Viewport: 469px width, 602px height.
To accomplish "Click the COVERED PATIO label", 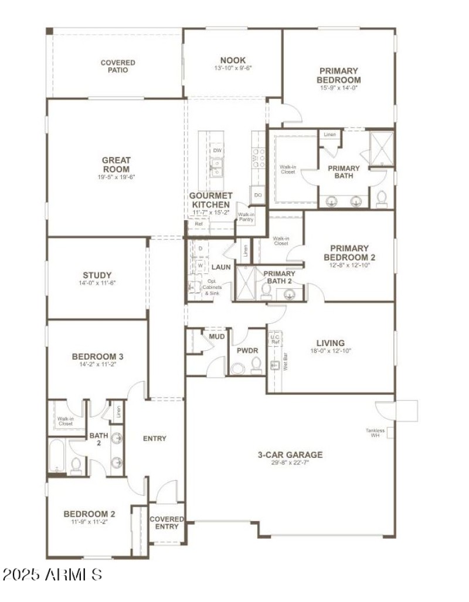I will pos(117,66).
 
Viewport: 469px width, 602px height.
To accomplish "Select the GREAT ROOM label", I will pos(116,165).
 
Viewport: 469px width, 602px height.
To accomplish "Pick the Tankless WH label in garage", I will pos(375,433).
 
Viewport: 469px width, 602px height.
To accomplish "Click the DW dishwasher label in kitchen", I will pos(217,150).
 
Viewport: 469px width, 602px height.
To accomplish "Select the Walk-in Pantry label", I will pos(246,217).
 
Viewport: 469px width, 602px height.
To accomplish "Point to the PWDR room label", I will pos(244,351).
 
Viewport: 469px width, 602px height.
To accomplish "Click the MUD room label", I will pos(217,337).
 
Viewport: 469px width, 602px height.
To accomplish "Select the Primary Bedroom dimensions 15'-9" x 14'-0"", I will pos(338,88).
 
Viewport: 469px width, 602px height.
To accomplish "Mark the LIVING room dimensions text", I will pos(330,351).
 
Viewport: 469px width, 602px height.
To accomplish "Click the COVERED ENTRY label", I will pos(167,522).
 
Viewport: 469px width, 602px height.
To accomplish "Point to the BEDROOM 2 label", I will pos(89,514).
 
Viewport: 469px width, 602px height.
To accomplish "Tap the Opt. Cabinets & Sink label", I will pos(210,289).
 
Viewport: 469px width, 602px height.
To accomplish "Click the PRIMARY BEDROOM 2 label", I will pos(349,252).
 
